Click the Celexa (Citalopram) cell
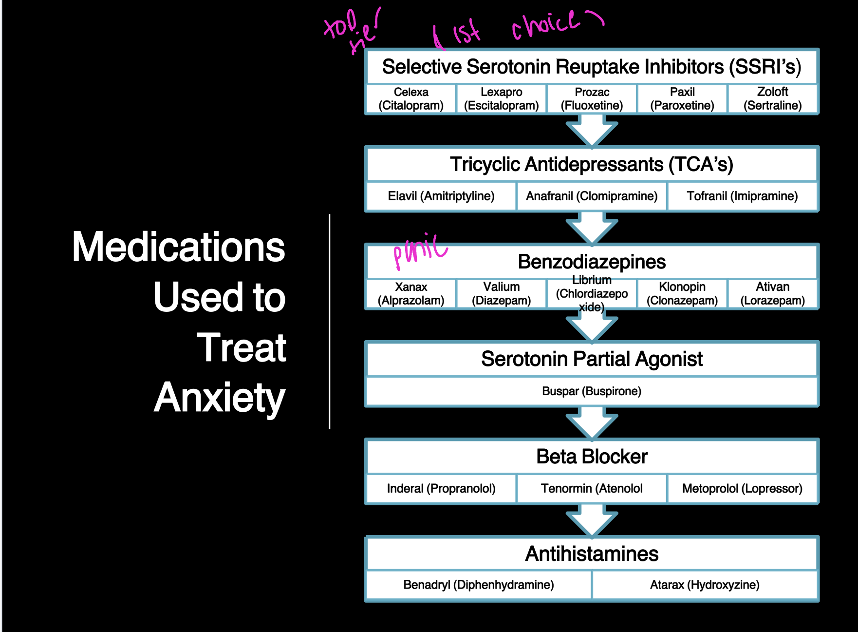[x=411, y=99]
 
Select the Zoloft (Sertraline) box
[x=773, y=99]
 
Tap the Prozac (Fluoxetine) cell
[x=592, y=99]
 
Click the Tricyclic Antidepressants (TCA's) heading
[x=592, y=165]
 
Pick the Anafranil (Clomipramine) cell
[x=592, y=196]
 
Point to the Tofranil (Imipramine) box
[x=742, y=196]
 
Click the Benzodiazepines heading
[x=592, y=262]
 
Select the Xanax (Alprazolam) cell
[x=411, y=294]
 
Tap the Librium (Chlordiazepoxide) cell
[x=592, y=294]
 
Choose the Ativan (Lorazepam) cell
[x=773, y=294]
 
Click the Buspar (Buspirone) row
[x=592, y=391]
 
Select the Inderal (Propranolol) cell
[x=441, y=489]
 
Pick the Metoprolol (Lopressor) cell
[x=742, y=489]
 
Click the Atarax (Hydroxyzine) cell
[x=705, y=585]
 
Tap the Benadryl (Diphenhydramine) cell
[x=478, y=585]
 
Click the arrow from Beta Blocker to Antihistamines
[x=592, y=520]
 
